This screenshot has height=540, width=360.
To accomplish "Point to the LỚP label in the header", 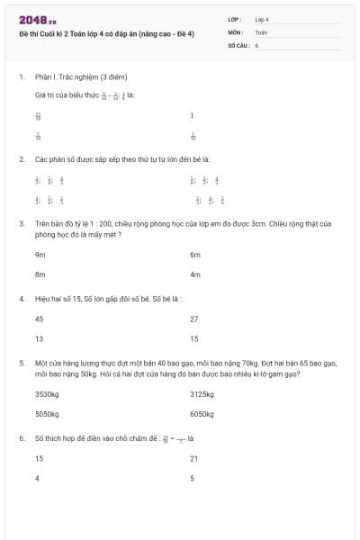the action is pyautogui.click(x=235, y=18).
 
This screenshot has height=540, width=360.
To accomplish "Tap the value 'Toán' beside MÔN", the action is pyautogui.click(x=261, y=31).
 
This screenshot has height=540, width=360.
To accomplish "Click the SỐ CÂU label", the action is pyautogui.click(x=238, y=44).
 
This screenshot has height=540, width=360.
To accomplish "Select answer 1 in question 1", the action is pyautogui.click(x=192, y=115).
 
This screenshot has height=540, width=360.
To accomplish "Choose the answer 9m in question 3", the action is pyautogui.click(x=40, y=255).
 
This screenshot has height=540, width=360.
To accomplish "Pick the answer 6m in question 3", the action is pyautogui.click(x=194, y=255).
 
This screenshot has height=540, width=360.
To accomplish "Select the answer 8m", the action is pyautogui.click(x=40, y=274).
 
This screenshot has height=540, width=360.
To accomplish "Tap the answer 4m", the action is pyautogui.click(x=194, y=274).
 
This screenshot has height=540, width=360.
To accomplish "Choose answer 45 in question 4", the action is pyautogui.click(x=39, y=319).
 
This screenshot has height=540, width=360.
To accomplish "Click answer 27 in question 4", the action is pyautogui.click(x=193, y=319).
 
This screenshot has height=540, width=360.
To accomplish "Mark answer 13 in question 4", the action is pyautogui.click(x=39, y=338).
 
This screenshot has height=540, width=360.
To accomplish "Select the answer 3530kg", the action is pyautogui.click(x=47, y=393).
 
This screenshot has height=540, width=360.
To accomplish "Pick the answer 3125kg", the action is pyautogui.click(x=202, y=393).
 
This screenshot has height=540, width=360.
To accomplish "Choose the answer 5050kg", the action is pyautogui.click(x=47, y=414).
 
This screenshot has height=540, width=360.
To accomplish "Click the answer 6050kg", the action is pyautogui.click(x=202, y=414).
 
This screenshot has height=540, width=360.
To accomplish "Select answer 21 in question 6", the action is pyautogui.click(x=193, y=458).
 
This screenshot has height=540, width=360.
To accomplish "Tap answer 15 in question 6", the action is pyautogui.click(x=39, y=458).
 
